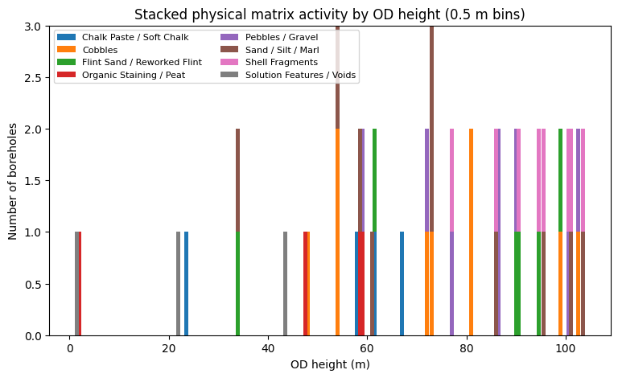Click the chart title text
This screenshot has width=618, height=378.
(329, 14)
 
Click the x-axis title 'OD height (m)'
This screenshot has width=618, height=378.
(329, 364)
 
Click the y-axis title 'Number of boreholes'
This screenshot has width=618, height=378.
(13, 181)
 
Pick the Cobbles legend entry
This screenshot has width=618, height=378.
(100, 50)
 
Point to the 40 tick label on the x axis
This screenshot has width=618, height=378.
(268, 348)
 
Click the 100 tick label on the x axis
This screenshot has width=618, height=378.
(565, 348)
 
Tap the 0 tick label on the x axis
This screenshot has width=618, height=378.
(70, 348)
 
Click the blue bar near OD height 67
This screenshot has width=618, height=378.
(402, 284)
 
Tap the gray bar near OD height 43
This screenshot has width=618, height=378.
(285, 284)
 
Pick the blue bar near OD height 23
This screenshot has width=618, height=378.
(186, 284)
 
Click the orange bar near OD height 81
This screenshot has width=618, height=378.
(471, 232)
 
